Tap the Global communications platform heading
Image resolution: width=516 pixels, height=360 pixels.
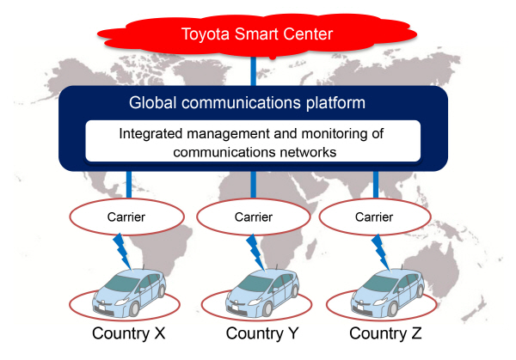click(248, 102)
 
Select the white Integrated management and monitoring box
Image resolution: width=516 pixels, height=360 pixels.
click(252, 142)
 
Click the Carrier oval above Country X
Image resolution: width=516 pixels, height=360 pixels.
click(127, 217)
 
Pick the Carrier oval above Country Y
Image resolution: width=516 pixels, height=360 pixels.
click(252, 217)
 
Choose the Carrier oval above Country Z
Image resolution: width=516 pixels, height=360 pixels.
click(375, 217)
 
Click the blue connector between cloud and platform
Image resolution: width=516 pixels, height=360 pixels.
click(254, 71)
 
